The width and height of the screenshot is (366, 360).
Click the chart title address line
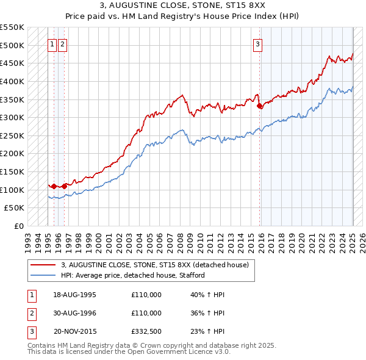[182, 7]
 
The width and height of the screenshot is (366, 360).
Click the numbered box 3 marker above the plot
[258, 44]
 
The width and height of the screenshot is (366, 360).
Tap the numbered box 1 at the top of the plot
[52, 44]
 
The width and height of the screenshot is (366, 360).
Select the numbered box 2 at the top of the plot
[63, 44]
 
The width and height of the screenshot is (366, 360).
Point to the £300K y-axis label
[12, 117]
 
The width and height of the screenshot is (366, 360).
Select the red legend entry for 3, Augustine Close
[155, 265]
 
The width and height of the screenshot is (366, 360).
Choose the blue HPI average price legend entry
[132, 275]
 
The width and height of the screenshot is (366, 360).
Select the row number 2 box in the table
[31, 313]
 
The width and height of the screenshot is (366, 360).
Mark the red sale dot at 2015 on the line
[260, 106]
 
